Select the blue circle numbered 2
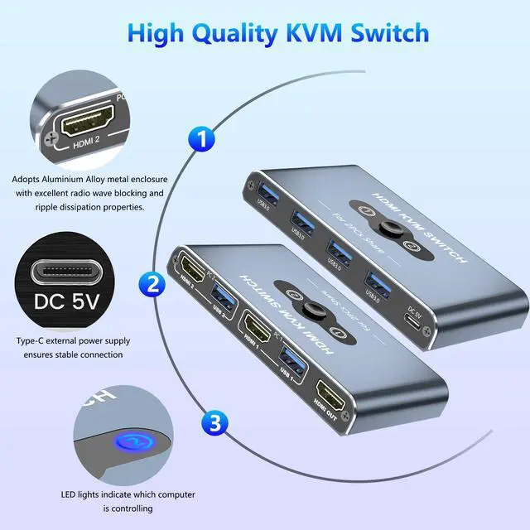(x=152, y=285)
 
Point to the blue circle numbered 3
(x=214, y=425)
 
